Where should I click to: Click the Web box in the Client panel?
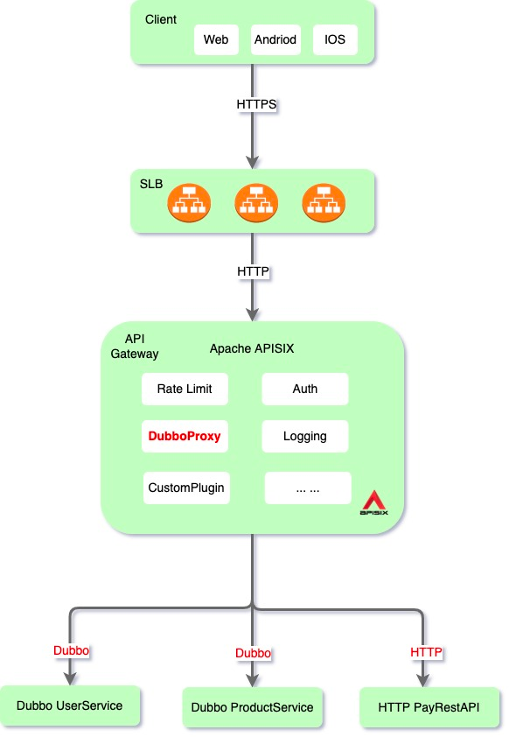click(x=216, y=39)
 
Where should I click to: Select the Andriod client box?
click(x=275, y=39)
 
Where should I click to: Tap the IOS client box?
click(x=335, y=39)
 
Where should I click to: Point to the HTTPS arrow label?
click(x=256, y=104)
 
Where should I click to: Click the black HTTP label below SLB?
click(x=254, y=271)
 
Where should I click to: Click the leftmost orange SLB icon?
click(x=189, y=203)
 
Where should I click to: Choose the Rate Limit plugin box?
click(x=185, y=389)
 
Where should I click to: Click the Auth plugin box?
click(x=305, y=389)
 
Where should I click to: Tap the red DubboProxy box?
click(x=185, y=436)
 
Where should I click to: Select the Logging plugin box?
click(x=305, y=436)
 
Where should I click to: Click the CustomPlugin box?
click(x=186, y=488)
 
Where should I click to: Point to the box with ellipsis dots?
click(x=308, y=488)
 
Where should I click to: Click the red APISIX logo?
click(x=374, y=502)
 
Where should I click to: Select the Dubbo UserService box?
click(x=70, y=705)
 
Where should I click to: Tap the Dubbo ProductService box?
click(x=253, y=707)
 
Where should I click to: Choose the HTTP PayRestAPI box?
click(x=429, y=707)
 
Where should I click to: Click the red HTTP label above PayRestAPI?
click(x=426, y=652)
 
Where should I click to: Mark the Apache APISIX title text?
click(x=252, y=348)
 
